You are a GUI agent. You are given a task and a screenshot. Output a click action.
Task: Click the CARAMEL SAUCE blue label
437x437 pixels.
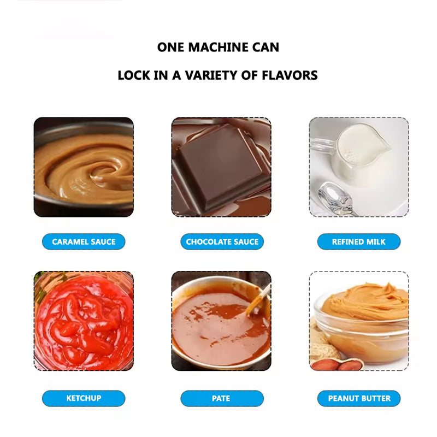pos(84,241)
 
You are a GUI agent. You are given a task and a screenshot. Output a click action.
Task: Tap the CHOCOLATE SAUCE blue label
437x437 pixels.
pos(222,241)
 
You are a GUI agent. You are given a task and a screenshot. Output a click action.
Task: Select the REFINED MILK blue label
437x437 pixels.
pos(359,241)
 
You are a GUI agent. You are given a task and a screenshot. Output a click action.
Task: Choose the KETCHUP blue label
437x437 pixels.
pos(84,398)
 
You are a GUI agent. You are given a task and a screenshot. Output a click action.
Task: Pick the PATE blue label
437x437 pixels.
pos(222,398)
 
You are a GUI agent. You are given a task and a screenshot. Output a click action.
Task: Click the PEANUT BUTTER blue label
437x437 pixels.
pos(359,398)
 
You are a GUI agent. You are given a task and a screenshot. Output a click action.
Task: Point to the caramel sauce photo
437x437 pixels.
pos(84,167)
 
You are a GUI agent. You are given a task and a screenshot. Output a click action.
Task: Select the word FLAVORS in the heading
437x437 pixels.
pos(287,75)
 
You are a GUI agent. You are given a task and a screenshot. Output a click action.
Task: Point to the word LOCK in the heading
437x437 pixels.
pos(133,75)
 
